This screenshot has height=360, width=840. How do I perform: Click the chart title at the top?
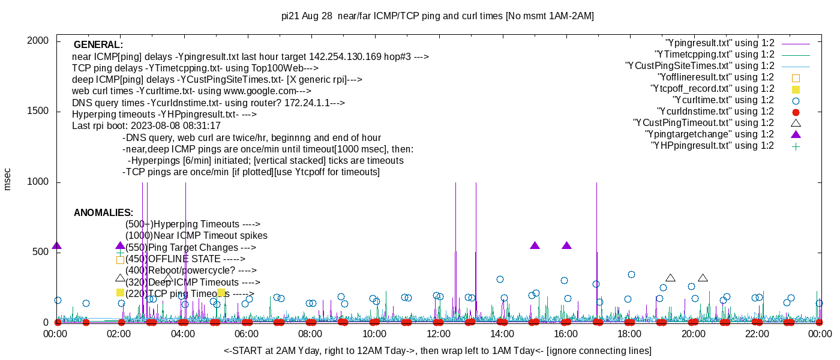click(x=437, y=16)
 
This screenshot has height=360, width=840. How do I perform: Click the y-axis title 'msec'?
click(x=7, y=179)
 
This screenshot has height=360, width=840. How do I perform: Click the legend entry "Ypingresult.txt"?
click(x=720, y=43)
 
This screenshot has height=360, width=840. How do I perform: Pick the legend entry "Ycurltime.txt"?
click(x=724, y=100)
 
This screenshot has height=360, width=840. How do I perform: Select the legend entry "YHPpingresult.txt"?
click(x=712, y=146)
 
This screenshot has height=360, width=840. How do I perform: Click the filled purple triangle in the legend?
click(x=796, y=134)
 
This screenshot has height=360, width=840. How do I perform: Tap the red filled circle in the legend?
click(x=796, y=112)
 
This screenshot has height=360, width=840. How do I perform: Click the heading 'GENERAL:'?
click(x=98, y=45)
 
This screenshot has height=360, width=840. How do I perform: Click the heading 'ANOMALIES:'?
click(x=103, y=213)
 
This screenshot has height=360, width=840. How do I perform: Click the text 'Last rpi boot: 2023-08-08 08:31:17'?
click(x=146, y=126)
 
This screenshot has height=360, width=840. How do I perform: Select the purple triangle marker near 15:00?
click(x=535, y=246)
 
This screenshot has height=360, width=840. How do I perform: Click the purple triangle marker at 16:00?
click(x=567, y=246)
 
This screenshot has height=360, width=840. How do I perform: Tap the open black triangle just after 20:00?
click(x=703, y=278)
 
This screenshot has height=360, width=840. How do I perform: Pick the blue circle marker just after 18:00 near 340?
click(x=631, y=275)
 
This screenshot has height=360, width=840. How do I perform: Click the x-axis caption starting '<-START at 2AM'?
click(x=437, y=350)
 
